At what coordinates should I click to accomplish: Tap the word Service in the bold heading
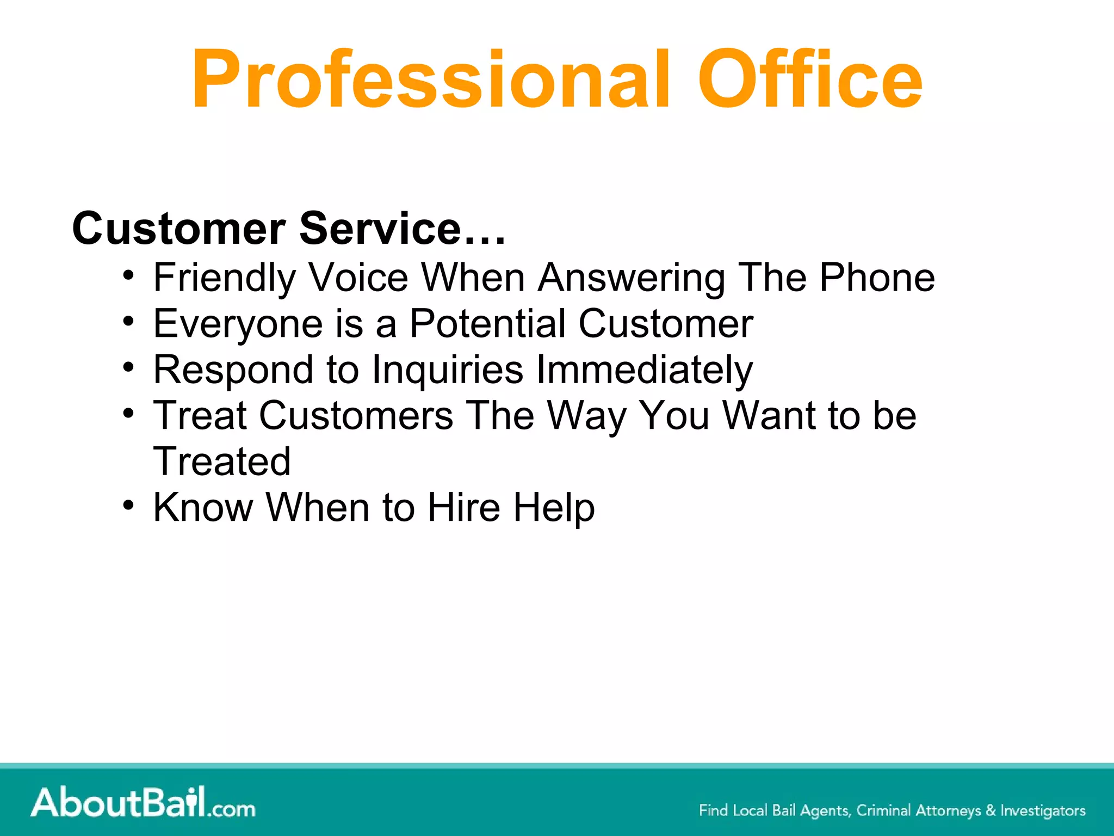pos(381,229)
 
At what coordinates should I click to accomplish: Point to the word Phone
pos(877,278)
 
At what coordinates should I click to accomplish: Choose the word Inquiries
pos(447,371)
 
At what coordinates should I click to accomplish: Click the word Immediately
pos(645,371)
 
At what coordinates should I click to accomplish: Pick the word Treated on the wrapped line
pos(222,462)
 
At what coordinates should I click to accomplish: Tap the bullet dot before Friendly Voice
pos(128,275)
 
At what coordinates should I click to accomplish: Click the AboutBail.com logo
pos(143,803)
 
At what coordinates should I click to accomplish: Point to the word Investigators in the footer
pos(1043,810)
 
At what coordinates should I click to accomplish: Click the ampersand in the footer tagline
pos(991,810)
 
